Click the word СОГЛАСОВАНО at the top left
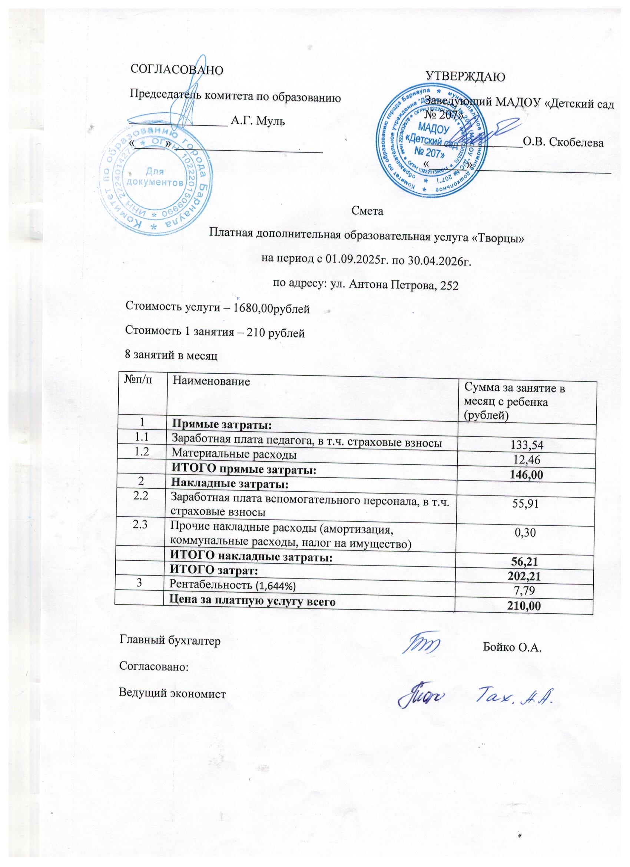click(x=177, y=69)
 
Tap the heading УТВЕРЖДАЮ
click(x=465, y=76)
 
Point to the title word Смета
click(x=367, y=211)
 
